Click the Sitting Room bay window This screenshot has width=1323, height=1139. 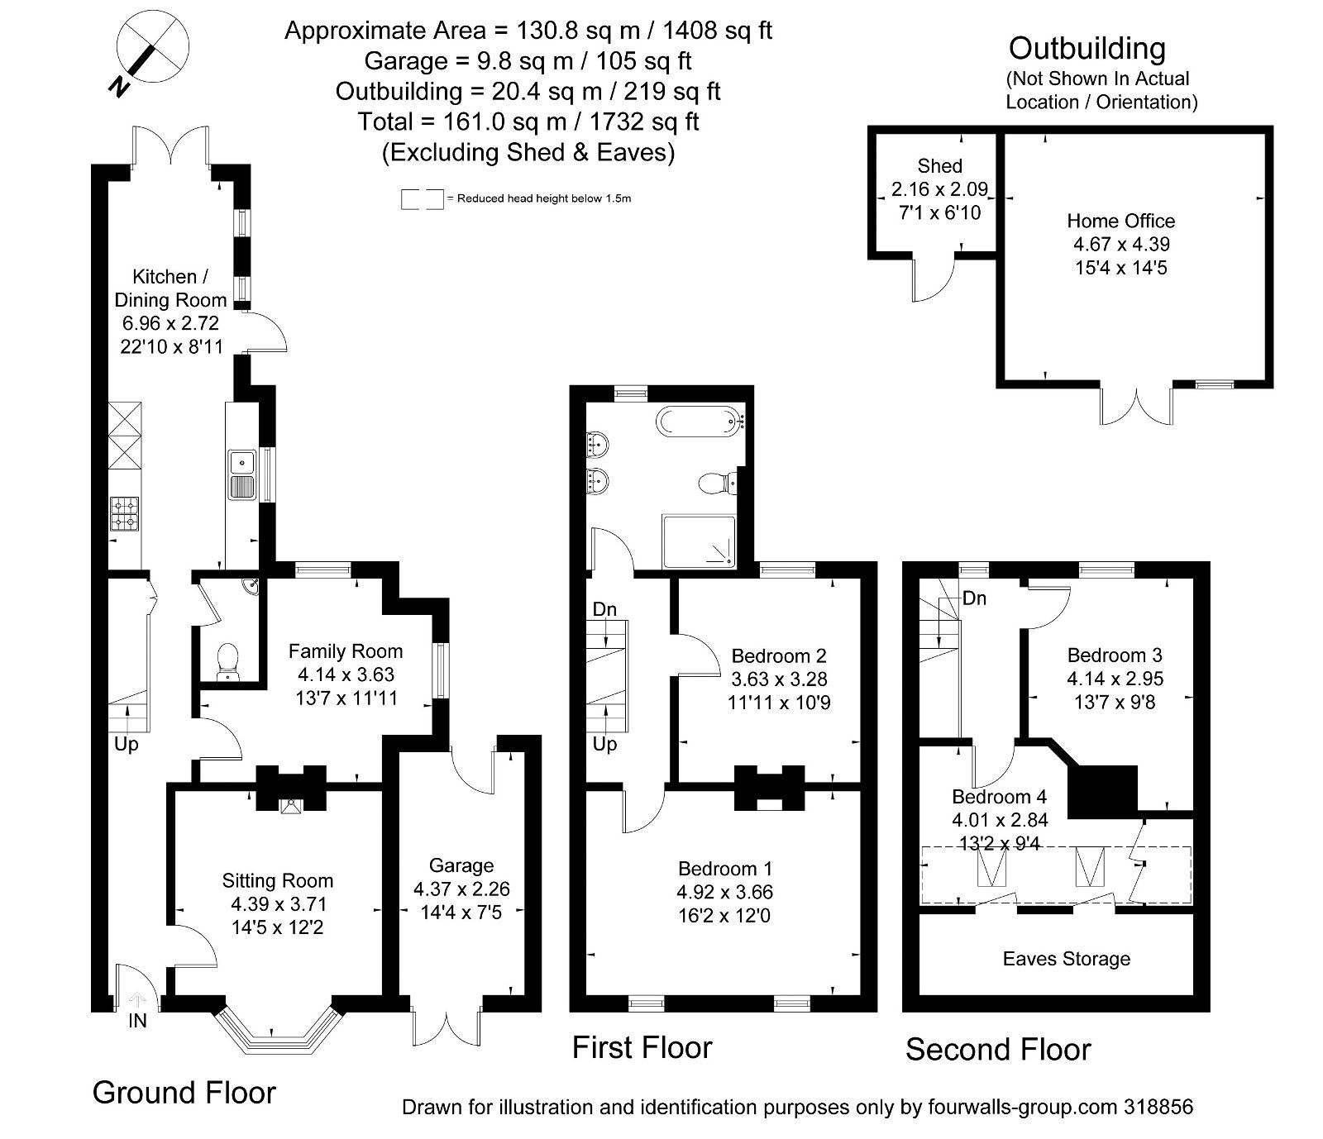pyautogui.click(x=279, y=1030)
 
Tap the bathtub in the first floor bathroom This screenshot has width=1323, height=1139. pyautogui.click(x=701, y=422)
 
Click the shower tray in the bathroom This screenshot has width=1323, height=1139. pyautogui.click(x=698, y=541)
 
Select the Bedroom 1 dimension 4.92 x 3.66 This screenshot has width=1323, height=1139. pyautogui.click(x=724, y=893)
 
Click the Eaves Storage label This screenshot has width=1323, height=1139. pyautogui.click(x=1066, y=959)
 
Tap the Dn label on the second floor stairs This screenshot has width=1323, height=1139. pyautogui.click(x=974, y=598)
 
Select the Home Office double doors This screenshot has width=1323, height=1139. pyautogui.click(x=1135, y=406)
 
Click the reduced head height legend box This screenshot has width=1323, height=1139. pyautogui.click(x=422, y=199)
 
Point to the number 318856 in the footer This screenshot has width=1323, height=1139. pyautogui.click(x=1158, y=1107)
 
